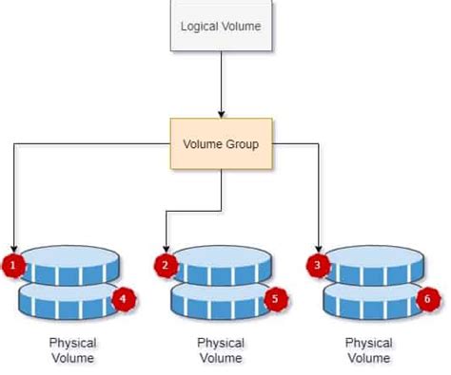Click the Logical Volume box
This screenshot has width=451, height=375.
222,28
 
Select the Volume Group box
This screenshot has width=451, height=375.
221,143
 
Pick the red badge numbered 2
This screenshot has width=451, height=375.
166,265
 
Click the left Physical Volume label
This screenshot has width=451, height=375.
72,350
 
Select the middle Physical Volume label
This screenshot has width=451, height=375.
221,350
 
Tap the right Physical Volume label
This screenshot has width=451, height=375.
368,350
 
